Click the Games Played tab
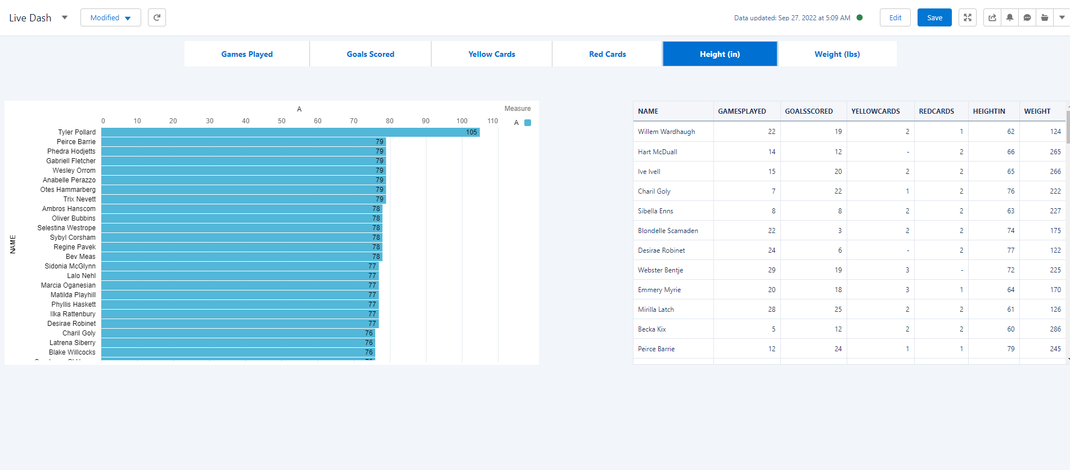click(x=246, y=54)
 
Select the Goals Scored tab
click(x=370, y=54)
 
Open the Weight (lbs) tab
click(x=837, y=54)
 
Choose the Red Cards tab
click(x=607, y=54)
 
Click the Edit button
click(x=895, y=17)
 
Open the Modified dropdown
click(x=110, y=17)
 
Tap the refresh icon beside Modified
click(x=157, y=17)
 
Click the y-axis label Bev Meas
click(x=80, y=257)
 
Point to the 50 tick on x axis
click(x=282, y=121)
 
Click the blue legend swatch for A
click(x=528, y=123)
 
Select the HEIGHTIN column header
click(x=988, y=111)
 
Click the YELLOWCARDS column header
click(x=875, y=111)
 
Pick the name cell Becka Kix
click(x=651, y=329)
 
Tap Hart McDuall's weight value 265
click(x=1055, y=152)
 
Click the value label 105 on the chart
click(x=471, y=132)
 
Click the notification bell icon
click(x=1010, y=17)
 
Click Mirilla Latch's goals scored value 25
click(x=838, y=310)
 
